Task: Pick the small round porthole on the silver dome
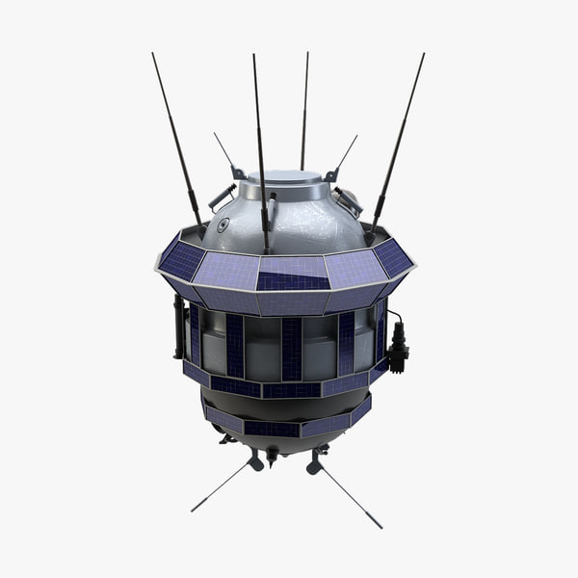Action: pyautogui.click(x=223, y=224)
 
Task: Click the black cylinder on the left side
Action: pyautogui.click(x=179, y=328)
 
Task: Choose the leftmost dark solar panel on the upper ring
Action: pyautogui.click(x=181, y=259)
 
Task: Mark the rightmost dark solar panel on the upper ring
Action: pyautogui.click(x=393, y=257)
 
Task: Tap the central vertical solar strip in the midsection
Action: pyautogui.click(x=290, y=347)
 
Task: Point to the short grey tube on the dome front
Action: pyautogui.click(x=273, y=209)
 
